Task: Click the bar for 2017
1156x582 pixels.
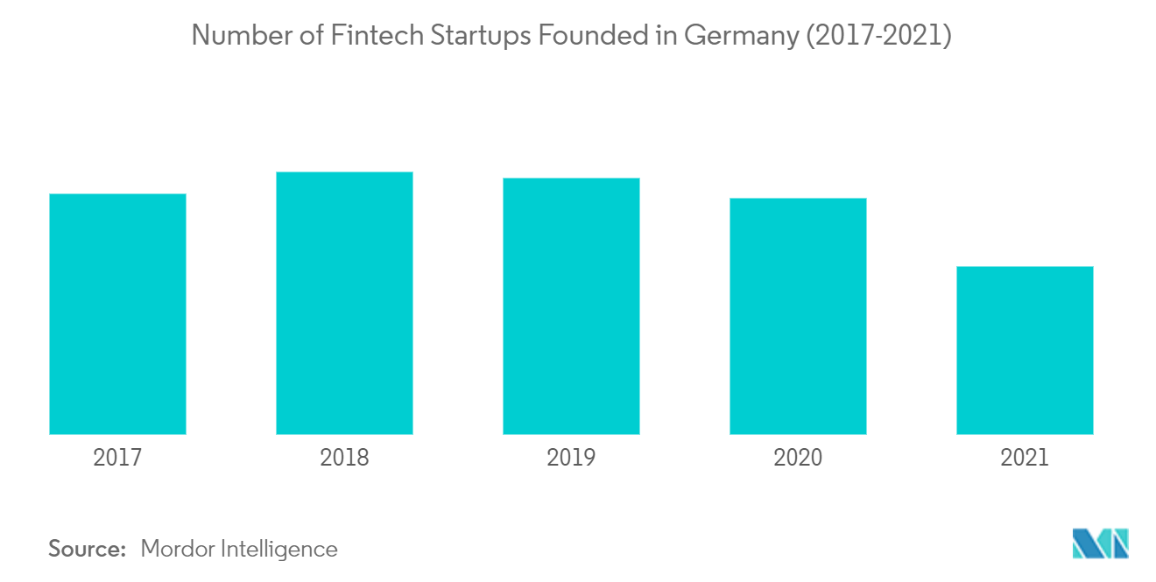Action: click(x=117, y=313)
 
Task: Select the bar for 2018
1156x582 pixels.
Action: click(x=344, y=303)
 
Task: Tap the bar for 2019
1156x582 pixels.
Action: click(x=571, y=305)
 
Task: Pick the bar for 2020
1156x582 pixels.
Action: click(x=798, y=316)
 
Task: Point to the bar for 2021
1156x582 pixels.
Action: click(x=1025, y=350)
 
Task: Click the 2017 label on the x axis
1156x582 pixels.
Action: click(x=117, y=457)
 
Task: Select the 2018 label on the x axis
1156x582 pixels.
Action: click(x=344, y=457)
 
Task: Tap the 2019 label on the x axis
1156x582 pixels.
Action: click(x=571, y=457)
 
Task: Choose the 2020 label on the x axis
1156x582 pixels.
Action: click(x=798, y=457)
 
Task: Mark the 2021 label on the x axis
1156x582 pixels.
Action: click(x=1025, y=457)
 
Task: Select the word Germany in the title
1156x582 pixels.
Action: click(x=743, y=37)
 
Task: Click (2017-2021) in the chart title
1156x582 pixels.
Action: click(x=879, y=37)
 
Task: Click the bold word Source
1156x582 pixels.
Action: click(x=88, y=549)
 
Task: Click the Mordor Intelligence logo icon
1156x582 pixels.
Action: click(x=1101, y=543)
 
